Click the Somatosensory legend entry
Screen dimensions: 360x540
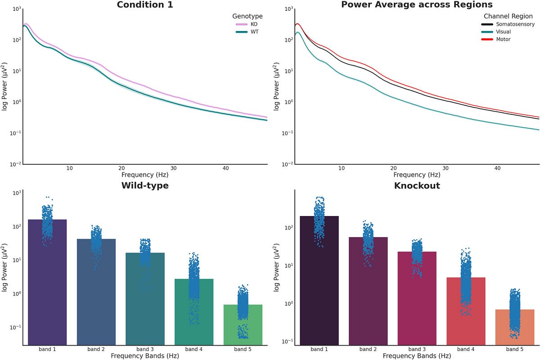click(515, 24)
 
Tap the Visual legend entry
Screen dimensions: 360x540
click(503, 31)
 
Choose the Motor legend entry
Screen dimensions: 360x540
click(503, 39)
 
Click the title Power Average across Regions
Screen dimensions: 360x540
click(417, 5)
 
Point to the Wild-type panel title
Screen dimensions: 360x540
click(144, 185)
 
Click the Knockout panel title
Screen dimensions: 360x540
click(417, 185)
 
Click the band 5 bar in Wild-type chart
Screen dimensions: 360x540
click(243, 325)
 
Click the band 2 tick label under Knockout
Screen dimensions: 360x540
click(368, 349)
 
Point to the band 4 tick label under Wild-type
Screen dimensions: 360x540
click(193, 349)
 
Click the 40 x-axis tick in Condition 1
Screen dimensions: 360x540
click(226, 168)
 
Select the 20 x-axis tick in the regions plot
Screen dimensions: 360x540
click(394, 168)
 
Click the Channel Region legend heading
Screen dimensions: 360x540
click(508, 16)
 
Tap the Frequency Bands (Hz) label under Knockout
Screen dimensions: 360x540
click(417, 355)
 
